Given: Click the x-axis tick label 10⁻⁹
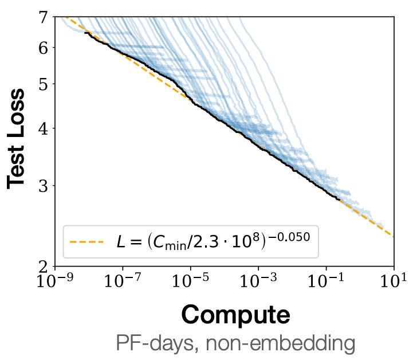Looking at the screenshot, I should (x=55, y=280).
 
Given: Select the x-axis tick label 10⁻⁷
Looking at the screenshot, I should (x=123, y=280).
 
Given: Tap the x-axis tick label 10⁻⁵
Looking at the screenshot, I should (x=190, y=280).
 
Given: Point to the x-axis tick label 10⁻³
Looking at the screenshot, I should (x=258, y=280).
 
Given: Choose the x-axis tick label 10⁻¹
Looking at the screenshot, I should (x=326, y=280).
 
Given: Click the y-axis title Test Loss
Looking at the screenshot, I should (x=17, y=138).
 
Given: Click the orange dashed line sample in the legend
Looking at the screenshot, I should (x=86, y=242).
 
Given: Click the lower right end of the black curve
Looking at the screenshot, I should (x=340, y=200).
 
